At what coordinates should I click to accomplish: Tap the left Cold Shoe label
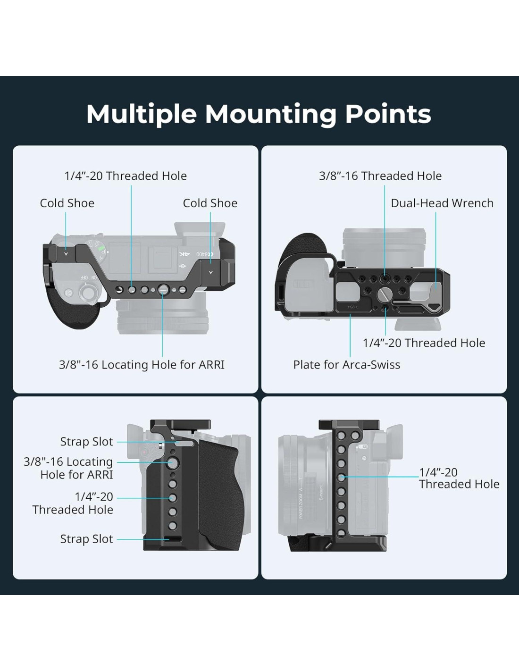pos(67,203)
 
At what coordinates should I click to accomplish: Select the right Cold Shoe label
pos(210,203)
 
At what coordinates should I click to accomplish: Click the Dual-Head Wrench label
pos(442,203)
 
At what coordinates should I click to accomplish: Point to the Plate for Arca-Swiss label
pos(346,365)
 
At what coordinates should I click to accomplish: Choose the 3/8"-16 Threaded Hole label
pos(380,176)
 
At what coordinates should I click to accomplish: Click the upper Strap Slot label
pos(86,442)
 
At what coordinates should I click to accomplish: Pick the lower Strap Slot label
pos(86,539)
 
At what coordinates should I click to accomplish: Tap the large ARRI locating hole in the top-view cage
pos(163,289)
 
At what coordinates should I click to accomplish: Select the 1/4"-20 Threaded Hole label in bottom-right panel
pos(459,478)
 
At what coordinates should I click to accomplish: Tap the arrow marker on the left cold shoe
pos(66,254)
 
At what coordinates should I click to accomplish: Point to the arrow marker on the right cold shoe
pos(210,272)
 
